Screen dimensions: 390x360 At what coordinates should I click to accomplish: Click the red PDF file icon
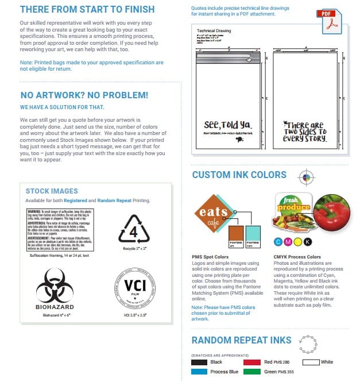coord(328,21)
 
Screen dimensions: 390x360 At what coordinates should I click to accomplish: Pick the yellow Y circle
coord(297,241)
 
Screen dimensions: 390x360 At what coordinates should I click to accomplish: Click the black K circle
coord(307,241)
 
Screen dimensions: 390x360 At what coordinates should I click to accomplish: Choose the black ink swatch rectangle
coord(199,362)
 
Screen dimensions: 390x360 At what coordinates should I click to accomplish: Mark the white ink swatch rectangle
coord(311,362)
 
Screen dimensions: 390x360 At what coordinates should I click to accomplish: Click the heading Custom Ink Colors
coord(239,175)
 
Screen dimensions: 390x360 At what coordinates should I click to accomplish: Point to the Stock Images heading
coord(52,191)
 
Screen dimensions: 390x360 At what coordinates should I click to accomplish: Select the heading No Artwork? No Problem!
coord(84,95)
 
